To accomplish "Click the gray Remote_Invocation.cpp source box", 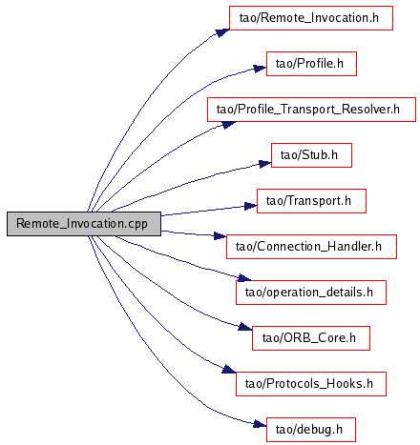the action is [84, 224].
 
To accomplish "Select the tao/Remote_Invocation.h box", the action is [311, 18].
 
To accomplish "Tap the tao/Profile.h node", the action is [311, 64].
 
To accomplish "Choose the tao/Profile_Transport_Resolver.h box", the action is [311, 110].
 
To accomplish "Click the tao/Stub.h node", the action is [311, 155].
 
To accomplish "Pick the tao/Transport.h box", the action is [311, 201].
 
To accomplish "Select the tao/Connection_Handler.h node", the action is [311, 247].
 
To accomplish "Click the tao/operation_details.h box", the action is [311, 293].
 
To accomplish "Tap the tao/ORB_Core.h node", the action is [311, 338].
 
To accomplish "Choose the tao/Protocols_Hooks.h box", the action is [311, 384].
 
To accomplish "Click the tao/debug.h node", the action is [311, 430].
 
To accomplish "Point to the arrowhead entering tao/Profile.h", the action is [260, 69].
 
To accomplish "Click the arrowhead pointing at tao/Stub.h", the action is [264, 164].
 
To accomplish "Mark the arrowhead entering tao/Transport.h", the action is [250, 206].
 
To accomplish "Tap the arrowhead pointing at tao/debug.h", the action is [260, 424].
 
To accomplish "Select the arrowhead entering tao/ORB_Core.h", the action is [245, 327].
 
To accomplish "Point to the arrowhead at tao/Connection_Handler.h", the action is [220, 235].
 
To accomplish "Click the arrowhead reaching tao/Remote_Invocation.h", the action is [222, 32].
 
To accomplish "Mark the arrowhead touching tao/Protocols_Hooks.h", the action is [229, 369].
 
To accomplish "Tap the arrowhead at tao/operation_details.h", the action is [244, 278].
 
